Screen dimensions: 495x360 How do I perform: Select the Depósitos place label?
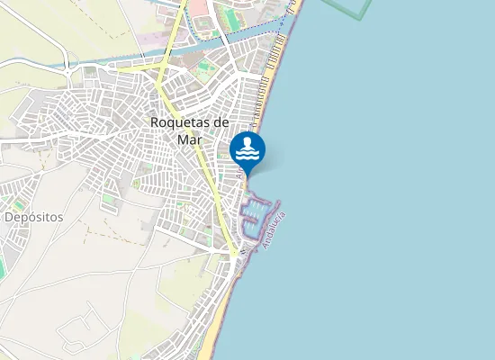pos(33,218)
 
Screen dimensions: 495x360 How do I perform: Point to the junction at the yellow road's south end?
pos(233,255)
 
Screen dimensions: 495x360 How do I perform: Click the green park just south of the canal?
pos(205,67)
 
